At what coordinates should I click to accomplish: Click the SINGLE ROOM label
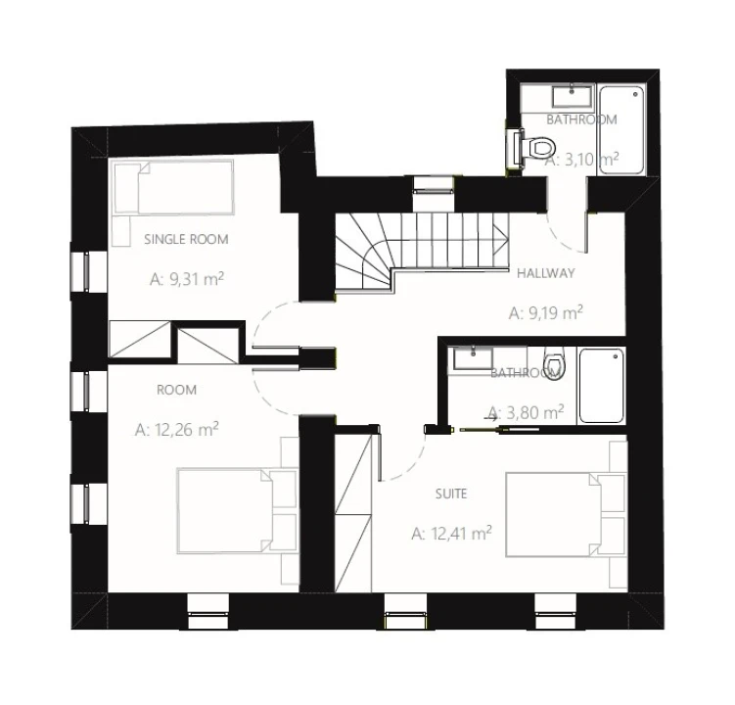pyautogui.click(x=186, y=239)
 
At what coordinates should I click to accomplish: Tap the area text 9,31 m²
pyautogui.click(x=187, y=279)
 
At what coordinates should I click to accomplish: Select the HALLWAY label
pyautogui.click(x=546, y=273)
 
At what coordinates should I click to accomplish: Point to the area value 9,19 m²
pyautogui.click(x=546, y=312)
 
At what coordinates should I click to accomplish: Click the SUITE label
pyautogui.click(x=451, y=493)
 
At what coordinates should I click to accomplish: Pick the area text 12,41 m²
pyautogui.click(x=451, y=534)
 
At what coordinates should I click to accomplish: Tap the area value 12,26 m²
pyautogui.click(x=177, y=429)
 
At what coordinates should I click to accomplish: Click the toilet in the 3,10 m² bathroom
pyautogui.click(x=534, y=148)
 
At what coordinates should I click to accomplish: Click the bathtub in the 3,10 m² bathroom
pyautogui.click(x=621, y=130)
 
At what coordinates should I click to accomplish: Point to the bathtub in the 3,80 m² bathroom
pyautogui.click(x=602, y=386)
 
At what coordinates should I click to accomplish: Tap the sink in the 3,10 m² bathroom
pyautogui.click(x=572, y=97)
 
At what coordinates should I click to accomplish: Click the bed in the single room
pyautogui.click(x=173, y=187)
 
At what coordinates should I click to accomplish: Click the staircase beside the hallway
pyautogui.click(x=422, y=254)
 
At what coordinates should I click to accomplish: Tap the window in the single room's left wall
pyautogui.click(x=85, y=271)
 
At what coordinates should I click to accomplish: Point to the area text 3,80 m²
pyautogui.click(x=526, y=413)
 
